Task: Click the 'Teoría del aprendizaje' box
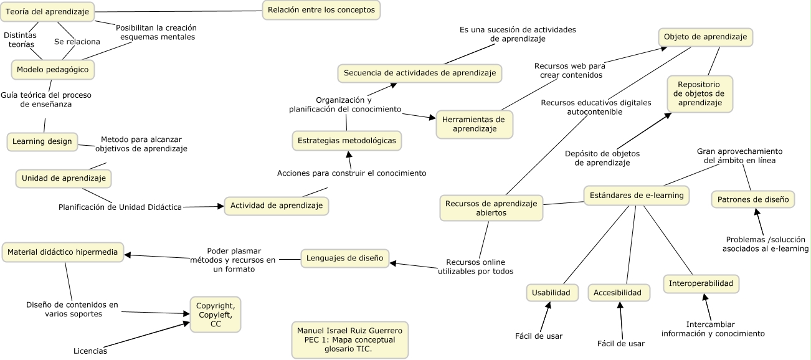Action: coord(48,11)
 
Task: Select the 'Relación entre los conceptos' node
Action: coord(321,10)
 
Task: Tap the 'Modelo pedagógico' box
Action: coord(52,69)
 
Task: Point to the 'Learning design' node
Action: coord(42,141)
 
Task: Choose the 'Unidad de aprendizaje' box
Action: coord(64,178)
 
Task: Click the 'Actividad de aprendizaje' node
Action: coord(276,206)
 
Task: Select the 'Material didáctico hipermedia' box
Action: coord(62,252)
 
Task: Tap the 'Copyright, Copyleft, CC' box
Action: coord(216,315)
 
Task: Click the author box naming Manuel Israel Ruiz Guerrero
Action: coord(350,339)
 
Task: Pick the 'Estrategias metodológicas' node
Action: coord(347,141)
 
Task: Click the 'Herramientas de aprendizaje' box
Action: coord(474,124)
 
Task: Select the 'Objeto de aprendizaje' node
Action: coord(705,37)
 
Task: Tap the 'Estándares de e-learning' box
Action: coord(637,196)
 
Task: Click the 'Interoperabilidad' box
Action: coord(701,283)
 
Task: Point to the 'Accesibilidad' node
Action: coord(617,292)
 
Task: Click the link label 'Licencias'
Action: coord(90,351)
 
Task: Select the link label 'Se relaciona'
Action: coord(77,42)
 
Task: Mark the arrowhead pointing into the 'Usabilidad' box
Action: coord(549,305)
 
